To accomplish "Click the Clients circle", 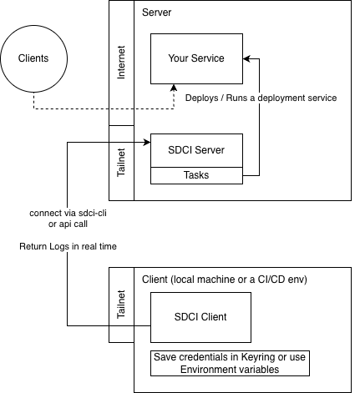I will tap(33, 58).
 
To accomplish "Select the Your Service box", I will tap(195, 58).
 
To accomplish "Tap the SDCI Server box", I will tap(195, 150).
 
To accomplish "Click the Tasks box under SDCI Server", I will tap(195, 176).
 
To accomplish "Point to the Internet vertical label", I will tap(121, 63).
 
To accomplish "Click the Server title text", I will tap(157, 13).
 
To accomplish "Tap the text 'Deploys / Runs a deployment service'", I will tap(261, 98).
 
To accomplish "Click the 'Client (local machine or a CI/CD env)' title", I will tap(224, 279).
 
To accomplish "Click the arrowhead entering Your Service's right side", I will tap(246, 58).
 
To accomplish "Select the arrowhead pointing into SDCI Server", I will tap(146, 142).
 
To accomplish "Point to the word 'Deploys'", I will tap(201, 98).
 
